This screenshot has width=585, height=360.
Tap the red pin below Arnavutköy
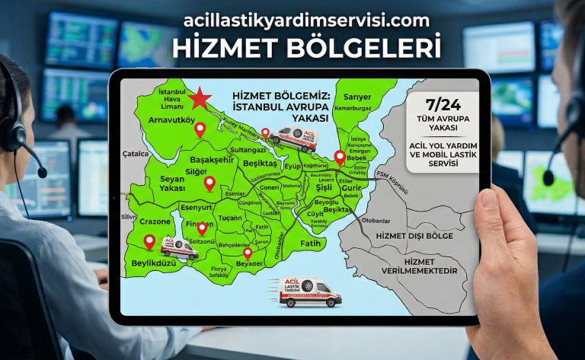point(200,129)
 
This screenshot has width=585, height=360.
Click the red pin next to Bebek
point(340,158)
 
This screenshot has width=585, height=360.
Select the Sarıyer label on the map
point(357,97)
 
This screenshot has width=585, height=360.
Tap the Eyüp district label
point(292,165)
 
